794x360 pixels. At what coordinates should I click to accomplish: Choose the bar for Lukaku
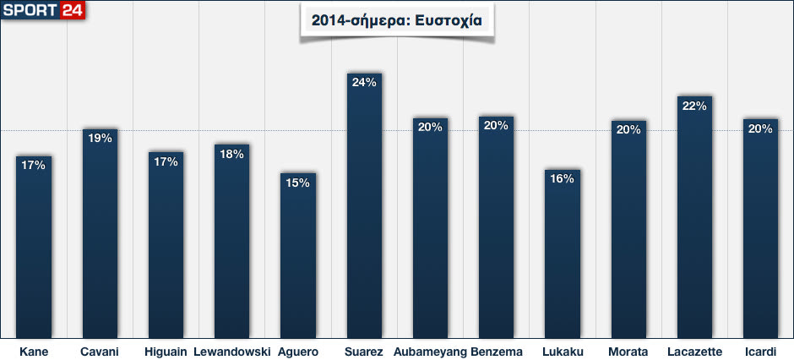tap(563, 254)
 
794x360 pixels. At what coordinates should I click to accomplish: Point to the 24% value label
tap(364, 83)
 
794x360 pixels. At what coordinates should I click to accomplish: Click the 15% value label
tap(298, 183)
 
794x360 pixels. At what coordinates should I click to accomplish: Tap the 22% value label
tap(694, 106)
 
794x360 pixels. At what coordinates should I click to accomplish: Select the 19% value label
tap(100, 138)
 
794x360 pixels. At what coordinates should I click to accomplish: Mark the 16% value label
tap(563, 178)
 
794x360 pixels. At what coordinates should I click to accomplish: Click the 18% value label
tap(231, 154)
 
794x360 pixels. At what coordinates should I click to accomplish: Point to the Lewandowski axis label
tap(231, 352)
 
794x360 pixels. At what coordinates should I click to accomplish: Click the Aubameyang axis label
tap(430, 352)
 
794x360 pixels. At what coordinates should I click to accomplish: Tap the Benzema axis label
tap(497, 352)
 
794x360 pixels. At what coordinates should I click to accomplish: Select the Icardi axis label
tap(760, 352)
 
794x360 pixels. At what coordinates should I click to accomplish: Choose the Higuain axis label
tap(166, 352)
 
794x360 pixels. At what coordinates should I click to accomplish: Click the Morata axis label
tap(628, 352)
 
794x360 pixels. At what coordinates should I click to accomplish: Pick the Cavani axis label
tap(100, 352)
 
